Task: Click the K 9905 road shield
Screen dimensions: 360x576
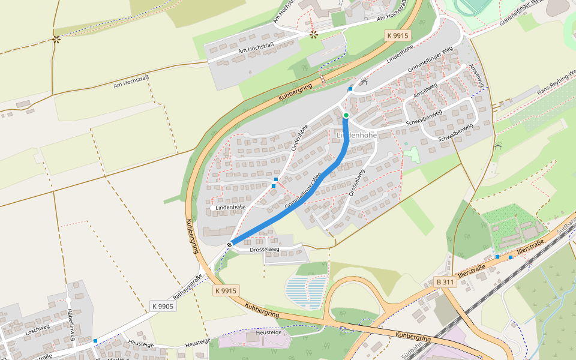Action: pyautogui.click(x=163, y=306)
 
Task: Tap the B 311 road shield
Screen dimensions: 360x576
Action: pyautogui.click(x=445, y=281)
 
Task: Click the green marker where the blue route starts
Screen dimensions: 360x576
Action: pyautogui.click(x=346, y=115)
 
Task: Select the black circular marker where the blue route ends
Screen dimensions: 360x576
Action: pyautogui.click(x=230, y=244)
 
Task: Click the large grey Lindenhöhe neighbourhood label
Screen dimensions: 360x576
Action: pyautogui.click(x=356, y=135)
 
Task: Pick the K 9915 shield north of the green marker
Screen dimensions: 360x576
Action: pyautogui.click(x=397, y=35)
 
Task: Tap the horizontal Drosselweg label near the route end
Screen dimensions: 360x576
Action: pyautogui.click(x=265, y=249)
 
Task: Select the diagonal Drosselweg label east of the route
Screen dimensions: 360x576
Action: pyautogui.click(x=356, y=183)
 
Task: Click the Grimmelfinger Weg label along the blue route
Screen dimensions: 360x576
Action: pyautogui.click(x=303, y=190)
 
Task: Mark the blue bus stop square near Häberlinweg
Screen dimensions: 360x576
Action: pyautogui.click(x=95, y=341)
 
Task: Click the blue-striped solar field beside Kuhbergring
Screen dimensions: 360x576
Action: pyautogui.click(x=308, y=291)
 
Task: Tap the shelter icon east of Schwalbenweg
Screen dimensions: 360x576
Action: pyautogui.click(x=497, y=146)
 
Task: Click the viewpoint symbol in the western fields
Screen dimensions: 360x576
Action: pyautogui.click(x=56, y=39)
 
